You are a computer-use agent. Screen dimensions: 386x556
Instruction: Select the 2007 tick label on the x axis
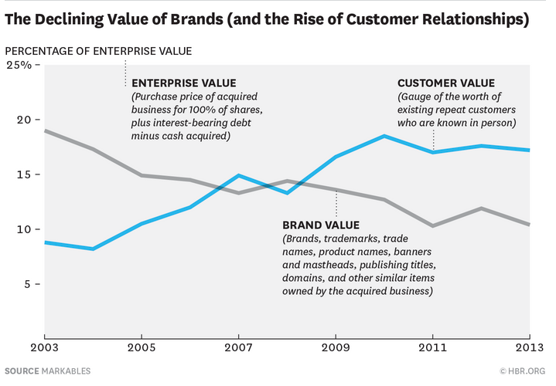pyautogui.click(x=239, y=349)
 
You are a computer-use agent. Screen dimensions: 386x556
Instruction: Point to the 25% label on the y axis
pyautogui.click(x=19, y=65)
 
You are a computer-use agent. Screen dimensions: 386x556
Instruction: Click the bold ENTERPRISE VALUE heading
pyautogui.click(x=184, y=83)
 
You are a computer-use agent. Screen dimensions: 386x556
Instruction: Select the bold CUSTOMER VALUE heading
pyautogui.click(x=445, y=83)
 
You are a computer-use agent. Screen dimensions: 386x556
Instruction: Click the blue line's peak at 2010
pyautogui.click(x=384, y=136)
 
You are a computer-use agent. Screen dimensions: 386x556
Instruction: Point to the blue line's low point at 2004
pyautogui.click(x=94, y=249)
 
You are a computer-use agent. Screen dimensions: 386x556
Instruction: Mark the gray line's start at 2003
pyautogui.click(x=45, y=130)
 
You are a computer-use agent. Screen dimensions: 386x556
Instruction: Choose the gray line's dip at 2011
pyautogui.click(x=433, y=225)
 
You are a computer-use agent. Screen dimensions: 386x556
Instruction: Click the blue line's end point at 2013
pyautogui.click(x=529, y=150)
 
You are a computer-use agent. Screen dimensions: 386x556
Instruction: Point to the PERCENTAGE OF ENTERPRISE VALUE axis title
pyautogui.click(x=98, y=51)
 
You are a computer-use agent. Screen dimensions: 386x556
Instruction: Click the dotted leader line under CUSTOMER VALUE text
pyautogui.click(x=433, y=139)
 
